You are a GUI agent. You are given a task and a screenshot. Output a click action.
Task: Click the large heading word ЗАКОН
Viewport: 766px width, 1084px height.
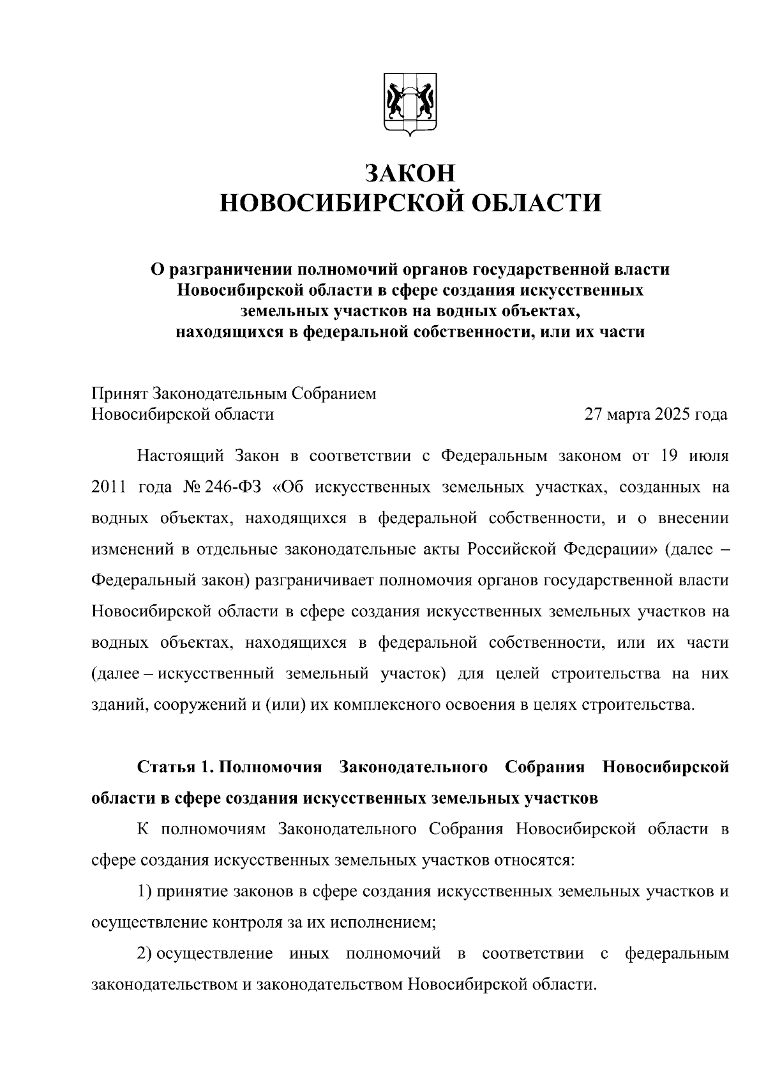(x=410, y=173)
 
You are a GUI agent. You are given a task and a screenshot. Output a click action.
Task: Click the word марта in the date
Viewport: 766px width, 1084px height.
(x=628, y=415)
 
